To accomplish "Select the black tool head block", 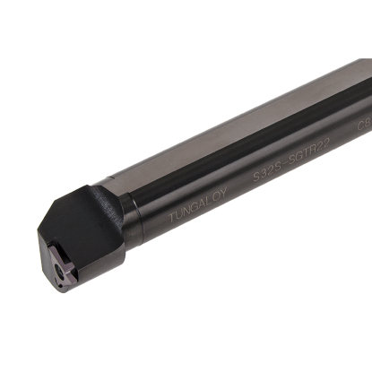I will tap(85, 229).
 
